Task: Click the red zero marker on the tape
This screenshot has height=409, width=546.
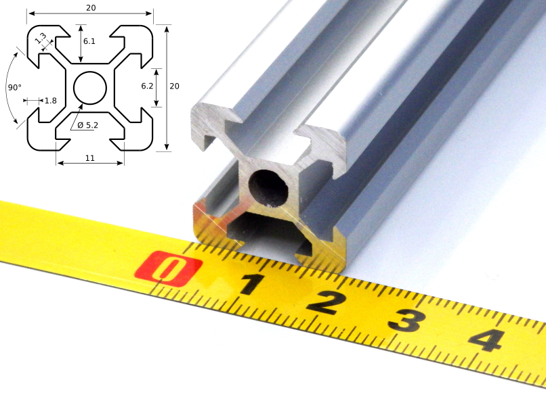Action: pos(168,268)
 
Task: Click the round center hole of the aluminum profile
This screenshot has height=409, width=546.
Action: pos(269,186)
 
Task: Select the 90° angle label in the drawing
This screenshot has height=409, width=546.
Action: pos(14,87)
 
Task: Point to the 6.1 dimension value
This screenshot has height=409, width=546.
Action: pos(89,41)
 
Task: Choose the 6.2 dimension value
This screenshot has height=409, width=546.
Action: pos(147,86)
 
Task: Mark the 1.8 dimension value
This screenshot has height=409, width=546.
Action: pos(50,101)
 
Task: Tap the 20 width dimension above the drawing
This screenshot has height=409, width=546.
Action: pos(89,7)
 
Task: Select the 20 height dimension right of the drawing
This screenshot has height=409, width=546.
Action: pos(174,86)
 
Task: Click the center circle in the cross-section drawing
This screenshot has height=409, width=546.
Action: pos(89,87)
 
